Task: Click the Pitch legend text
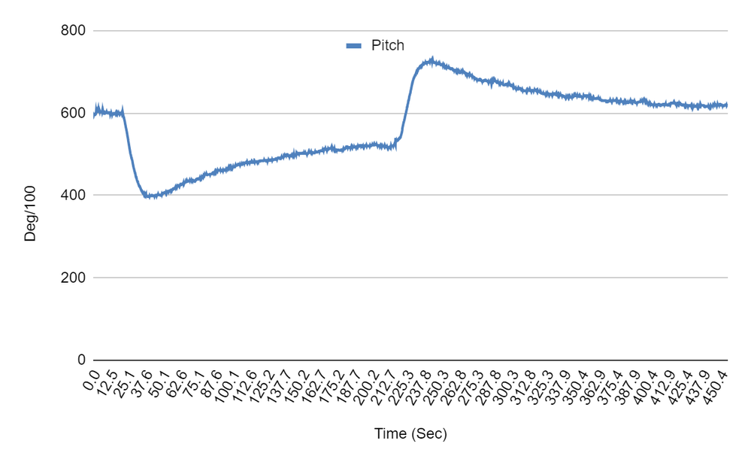tap(388, 46)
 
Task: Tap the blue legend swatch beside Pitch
tap(355, 46)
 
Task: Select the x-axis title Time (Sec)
tap(410, 434)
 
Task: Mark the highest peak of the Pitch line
tap(432, 59)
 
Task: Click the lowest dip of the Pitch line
tap(149, 197)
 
